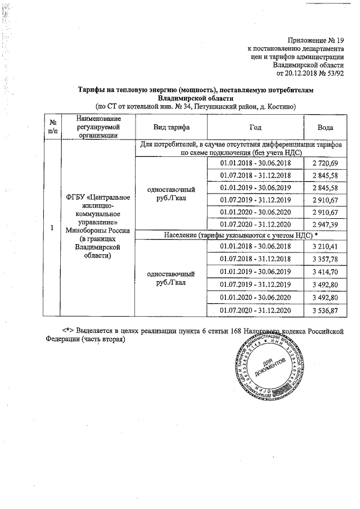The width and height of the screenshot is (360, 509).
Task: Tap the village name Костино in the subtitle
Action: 280,106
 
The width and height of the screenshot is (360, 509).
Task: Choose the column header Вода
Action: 325,128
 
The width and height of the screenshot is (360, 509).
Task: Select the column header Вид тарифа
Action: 171,128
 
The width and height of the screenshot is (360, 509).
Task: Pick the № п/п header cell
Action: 52,128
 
